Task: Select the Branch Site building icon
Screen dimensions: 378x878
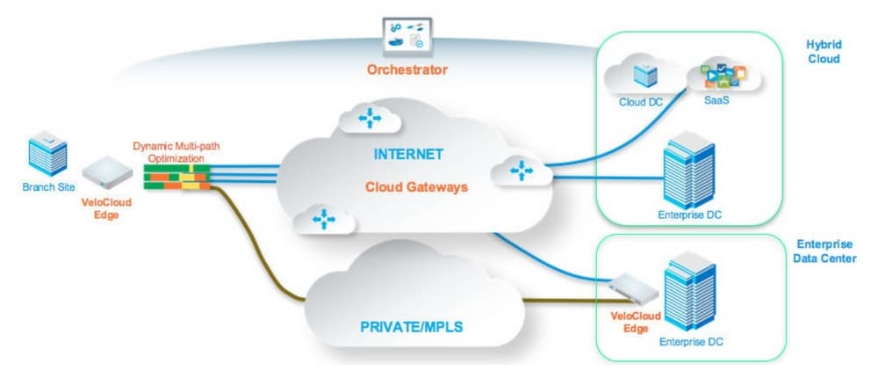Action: tap(47, 156)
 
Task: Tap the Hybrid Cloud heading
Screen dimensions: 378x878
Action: tap(823, 52)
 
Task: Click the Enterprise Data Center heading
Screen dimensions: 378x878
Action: tap(825, 251)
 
